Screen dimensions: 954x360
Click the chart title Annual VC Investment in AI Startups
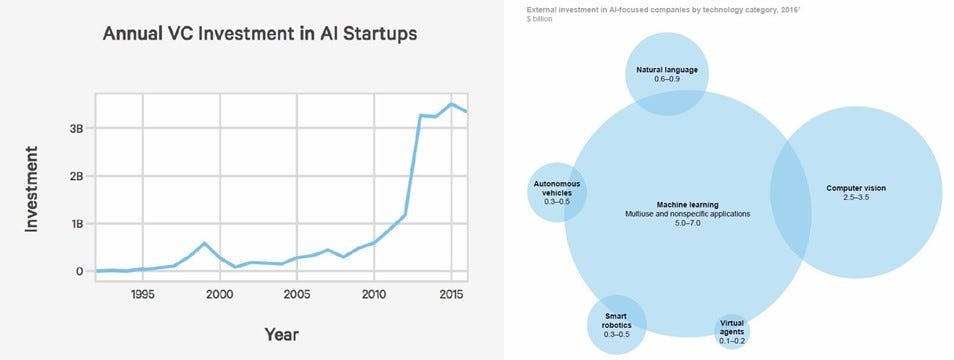pos(260,33)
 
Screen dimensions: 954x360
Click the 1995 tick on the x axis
pos(142,295)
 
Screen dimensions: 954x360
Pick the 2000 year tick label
pos(220,295)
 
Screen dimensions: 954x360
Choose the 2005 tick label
pos(296,295)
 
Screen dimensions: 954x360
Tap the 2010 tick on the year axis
pos(374,295)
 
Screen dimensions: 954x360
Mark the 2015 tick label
pos(451,295)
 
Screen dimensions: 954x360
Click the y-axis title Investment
pos(31,189)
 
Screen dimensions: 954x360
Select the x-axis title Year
pos(281,334)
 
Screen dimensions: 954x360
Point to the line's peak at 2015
pos(451,104)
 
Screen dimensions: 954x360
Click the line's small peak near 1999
pos(204,243)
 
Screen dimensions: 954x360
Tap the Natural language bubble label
pos(667,70)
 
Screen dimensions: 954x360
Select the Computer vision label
pos(855,189)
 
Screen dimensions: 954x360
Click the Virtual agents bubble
pos(732,331)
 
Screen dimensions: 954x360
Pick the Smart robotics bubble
pos(616,325)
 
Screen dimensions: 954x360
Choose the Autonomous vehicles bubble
pos(557,192)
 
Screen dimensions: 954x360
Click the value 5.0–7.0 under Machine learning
pos(688,223)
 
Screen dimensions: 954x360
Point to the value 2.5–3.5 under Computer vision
pos(855,198)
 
